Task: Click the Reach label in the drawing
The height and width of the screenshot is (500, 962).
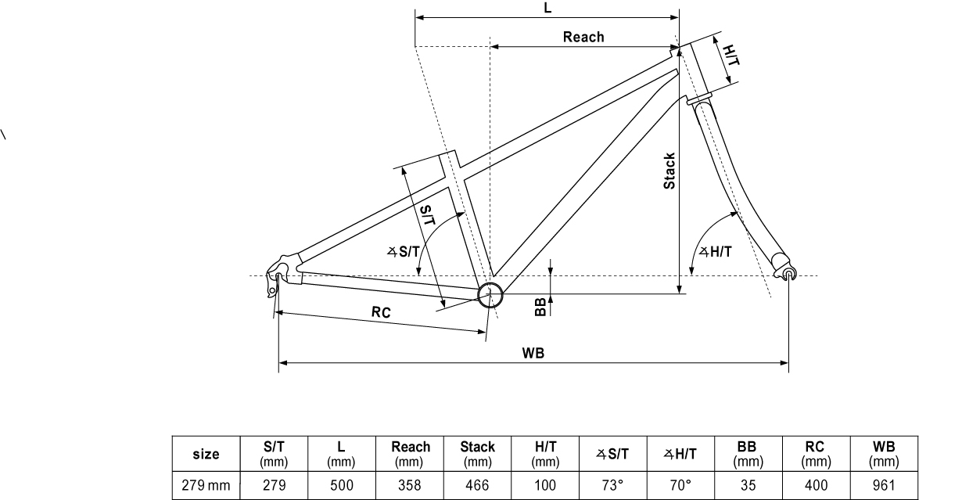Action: click(x=583, y=37)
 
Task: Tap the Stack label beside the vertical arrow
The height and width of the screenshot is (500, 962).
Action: click(x=669, y=171)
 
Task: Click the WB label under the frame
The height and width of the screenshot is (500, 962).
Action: click(x=533, y=353)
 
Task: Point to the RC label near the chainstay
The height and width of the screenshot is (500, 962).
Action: click(x=381, y=311)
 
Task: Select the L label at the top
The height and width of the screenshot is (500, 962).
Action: click(x=547, y=7)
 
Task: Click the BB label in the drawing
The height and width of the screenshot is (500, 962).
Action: click(x=540, y=308)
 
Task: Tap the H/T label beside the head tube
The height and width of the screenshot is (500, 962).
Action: click(x=730, y=56)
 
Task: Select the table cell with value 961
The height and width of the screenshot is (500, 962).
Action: click(x=887, y=485)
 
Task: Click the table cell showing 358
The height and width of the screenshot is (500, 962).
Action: click(x=411, y=485)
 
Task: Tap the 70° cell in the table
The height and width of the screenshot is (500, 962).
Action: click(x=681, y=485)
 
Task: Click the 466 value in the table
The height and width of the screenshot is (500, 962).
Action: click(x=477, y=485)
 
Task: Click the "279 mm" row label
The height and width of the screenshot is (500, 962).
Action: click(x=206, y=485)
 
